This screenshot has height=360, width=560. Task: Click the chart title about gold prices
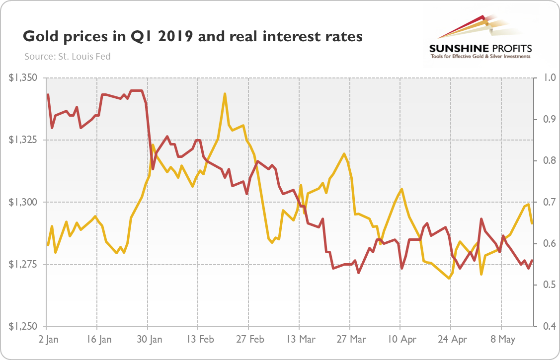coord(193,37)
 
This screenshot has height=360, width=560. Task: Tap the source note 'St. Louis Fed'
coord(67,57)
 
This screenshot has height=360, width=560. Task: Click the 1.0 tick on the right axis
coord(543,78)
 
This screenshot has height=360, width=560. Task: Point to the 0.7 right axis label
coord(543,202)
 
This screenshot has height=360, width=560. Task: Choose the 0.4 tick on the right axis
coord(543,326)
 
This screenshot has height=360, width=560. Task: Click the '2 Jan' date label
coord(49,340)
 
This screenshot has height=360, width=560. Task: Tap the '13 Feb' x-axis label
coord(200,340)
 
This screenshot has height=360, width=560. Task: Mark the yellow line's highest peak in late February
coord(225,93)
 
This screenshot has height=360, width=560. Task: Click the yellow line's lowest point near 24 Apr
coord(450,279)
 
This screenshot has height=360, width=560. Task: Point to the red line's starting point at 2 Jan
coord(48,94)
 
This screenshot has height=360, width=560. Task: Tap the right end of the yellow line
coord(532,223)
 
